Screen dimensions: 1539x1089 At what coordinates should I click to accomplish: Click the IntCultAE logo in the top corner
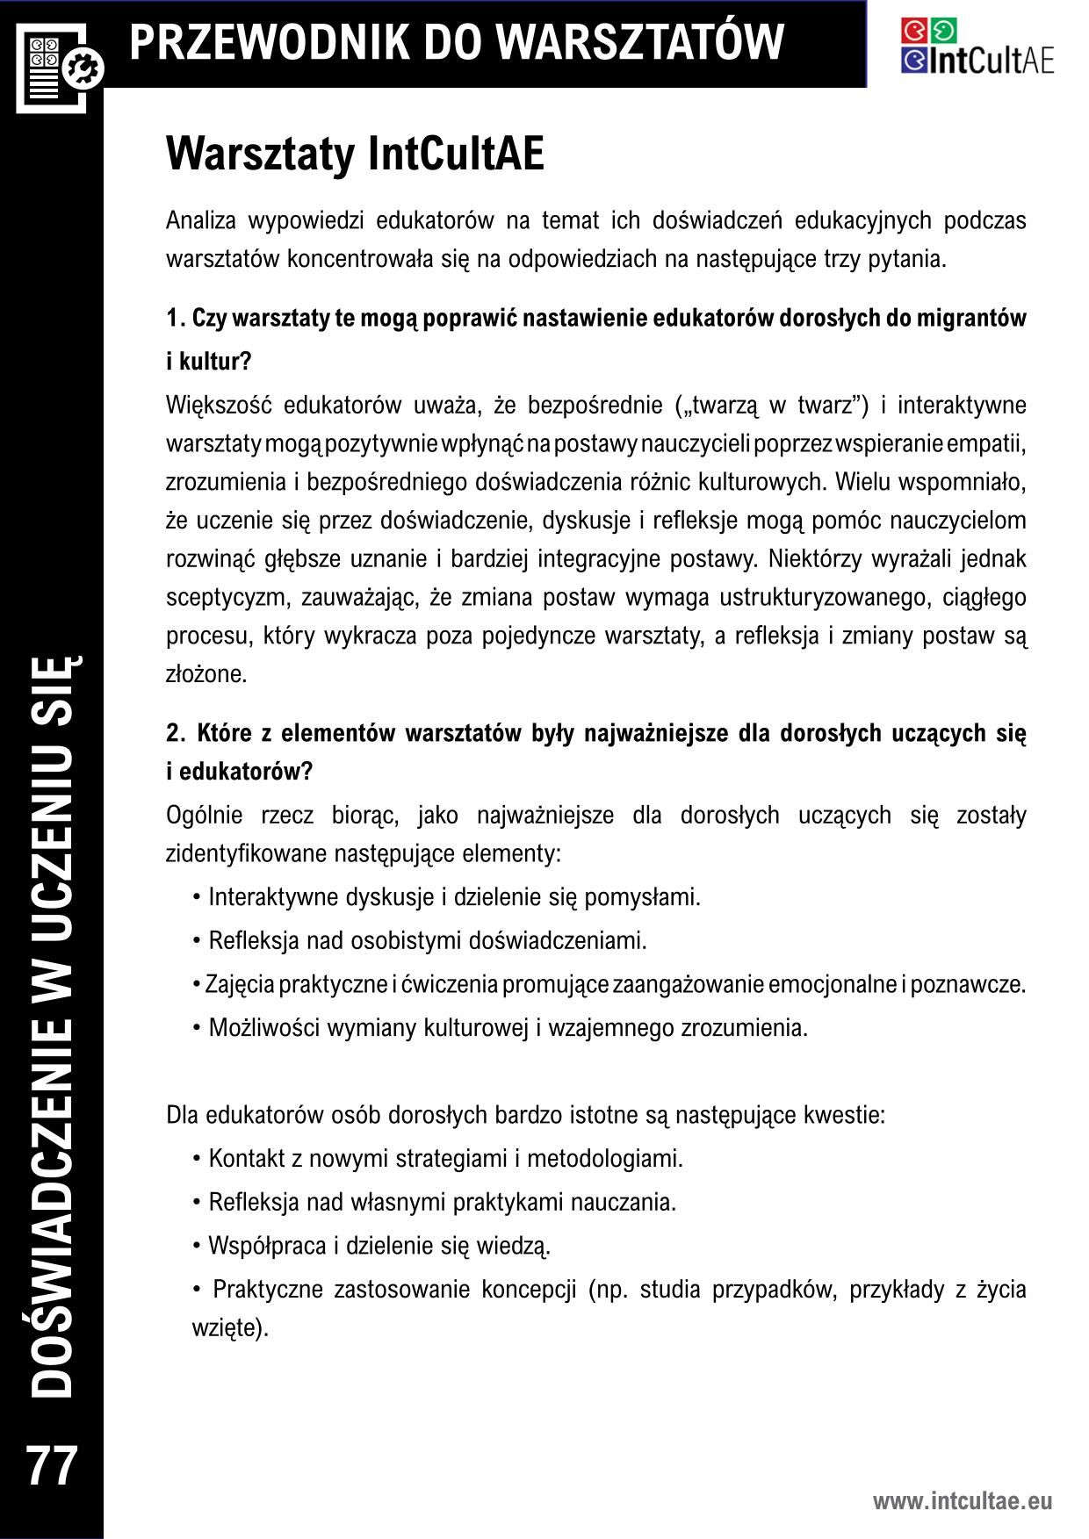(x=977, y=46)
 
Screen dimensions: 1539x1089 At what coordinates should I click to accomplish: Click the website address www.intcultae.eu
(x=962, y=1501)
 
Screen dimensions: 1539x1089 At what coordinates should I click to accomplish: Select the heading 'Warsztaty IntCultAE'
(x=355, y=155)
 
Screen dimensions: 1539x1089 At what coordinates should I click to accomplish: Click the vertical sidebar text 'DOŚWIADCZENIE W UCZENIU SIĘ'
(x=52, y=1027)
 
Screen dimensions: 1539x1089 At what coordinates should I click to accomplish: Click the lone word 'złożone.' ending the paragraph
(x=206, y=674)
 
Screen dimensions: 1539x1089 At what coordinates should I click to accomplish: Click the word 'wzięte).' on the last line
(x=229, y=1327)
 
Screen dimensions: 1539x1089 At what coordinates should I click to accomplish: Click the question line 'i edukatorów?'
(x=239, y=772)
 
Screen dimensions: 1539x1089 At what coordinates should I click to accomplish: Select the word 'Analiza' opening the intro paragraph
(x=199, y=220)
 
